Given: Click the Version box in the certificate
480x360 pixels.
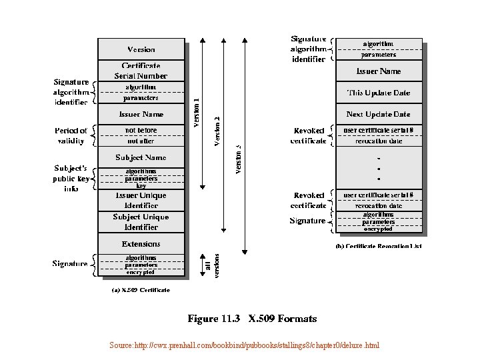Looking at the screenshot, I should tap(141, 49).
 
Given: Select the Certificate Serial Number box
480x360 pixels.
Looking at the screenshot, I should tap(141, 71).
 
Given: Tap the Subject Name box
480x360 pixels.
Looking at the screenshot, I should tap(141, 157).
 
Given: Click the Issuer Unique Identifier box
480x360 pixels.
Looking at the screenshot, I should tap(141, 201).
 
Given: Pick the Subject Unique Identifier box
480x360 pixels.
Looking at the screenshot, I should tap(141, 222).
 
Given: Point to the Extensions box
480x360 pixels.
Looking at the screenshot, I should tap(141, 244).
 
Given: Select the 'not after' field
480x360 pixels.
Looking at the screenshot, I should tap(141, 141).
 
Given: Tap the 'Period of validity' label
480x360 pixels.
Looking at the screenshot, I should tap(71, 135).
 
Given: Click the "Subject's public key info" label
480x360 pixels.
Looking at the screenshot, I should tap(71, 178).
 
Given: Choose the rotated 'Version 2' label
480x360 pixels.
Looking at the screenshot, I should tap(217, 130).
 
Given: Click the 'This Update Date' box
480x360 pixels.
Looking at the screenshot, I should tap(378, 93).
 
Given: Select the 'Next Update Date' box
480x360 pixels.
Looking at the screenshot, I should tap(378, 114).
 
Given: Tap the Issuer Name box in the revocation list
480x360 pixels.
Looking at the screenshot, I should tap(378, 71).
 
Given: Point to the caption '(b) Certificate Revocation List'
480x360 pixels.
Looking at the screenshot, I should tap(378, 246).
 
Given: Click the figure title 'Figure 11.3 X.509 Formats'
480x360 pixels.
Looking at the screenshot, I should tap(243, 319).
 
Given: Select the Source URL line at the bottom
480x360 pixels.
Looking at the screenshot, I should tap(244, 346).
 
